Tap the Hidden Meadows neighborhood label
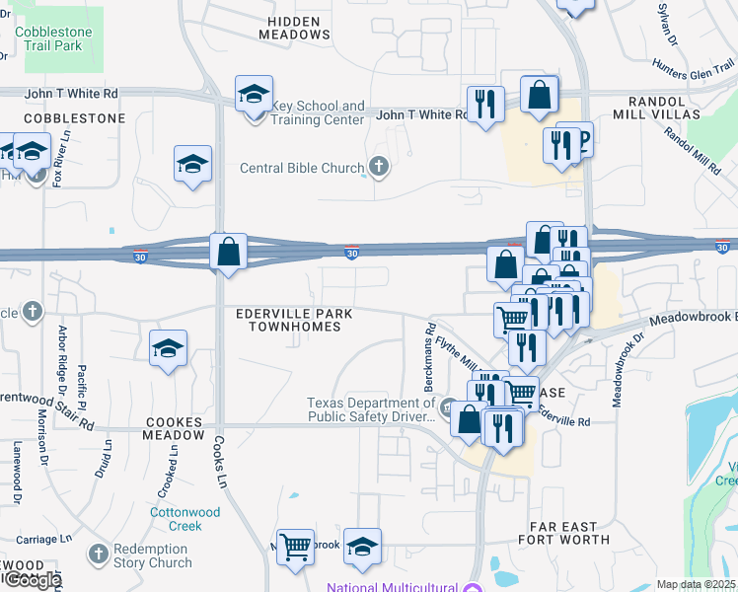[x=294, y=28]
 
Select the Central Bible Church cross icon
[x=377, y=166]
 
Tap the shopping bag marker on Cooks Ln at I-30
[x=228, y=252]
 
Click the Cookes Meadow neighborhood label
[x=175, y=428]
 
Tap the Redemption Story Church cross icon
[x=99, y=555]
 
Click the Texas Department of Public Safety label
[x=371, y=409]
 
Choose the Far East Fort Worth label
[x=563, y=534]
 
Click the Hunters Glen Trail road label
[x=694, y=67]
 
